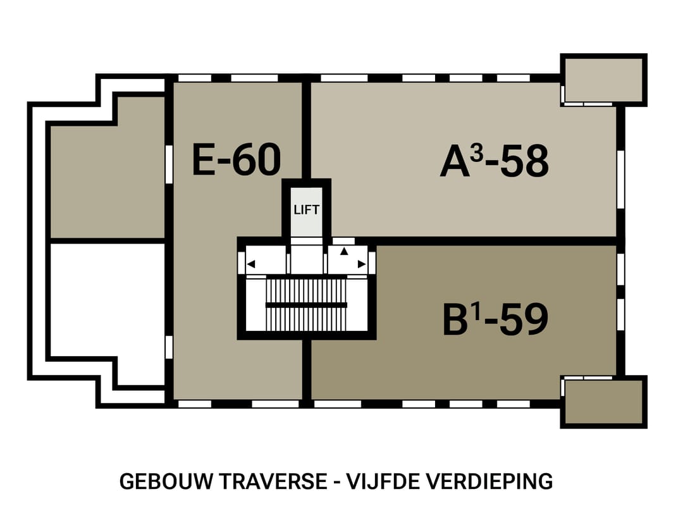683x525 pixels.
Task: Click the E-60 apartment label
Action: tap(237, 159)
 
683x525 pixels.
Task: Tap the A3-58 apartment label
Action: tap(494, 161)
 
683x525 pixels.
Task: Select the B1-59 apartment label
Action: tap(495, 320)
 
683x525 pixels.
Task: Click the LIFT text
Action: tap(307, 210)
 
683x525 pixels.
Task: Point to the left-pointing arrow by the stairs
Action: tap(251, 264)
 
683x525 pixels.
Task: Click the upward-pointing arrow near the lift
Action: tap(344, 251)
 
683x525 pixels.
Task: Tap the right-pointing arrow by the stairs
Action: tap(362, 264)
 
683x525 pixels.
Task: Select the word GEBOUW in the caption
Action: tap(166, 481)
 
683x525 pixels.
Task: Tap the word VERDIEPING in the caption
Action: tap(489, 481)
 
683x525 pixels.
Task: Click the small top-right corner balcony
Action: tap(604, 80)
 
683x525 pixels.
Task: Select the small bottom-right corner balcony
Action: tap(604, 402)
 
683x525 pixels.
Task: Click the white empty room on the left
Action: tap(108, 300)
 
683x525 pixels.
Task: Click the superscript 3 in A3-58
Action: tap(477, 153)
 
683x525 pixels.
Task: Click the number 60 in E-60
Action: tap(257, 159)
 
